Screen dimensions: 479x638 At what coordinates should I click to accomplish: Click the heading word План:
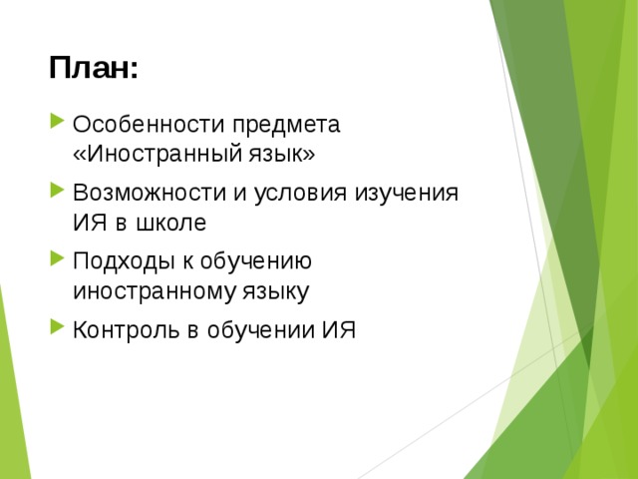[93, 69]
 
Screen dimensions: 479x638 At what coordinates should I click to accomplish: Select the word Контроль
[123, 330]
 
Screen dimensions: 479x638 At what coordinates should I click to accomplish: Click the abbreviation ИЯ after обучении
[338, 330]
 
